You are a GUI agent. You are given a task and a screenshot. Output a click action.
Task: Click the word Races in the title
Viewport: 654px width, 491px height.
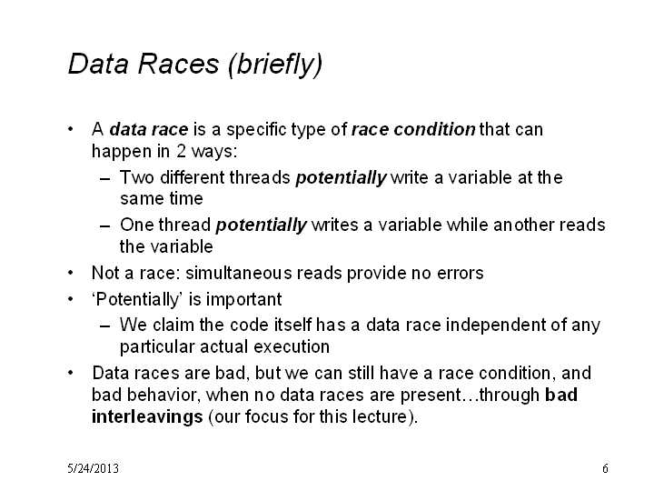coord(178,64)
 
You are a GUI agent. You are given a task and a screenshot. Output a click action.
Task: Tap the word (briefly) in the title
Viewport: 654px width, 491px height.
coord(275,65)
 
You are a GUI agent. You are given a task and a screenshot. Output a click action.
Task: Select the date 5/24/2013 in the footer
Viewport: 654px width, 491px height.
coord(93,468)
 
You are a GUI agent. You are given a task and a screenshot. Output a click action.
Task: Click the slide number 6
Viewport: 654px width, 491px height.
coord(605,468)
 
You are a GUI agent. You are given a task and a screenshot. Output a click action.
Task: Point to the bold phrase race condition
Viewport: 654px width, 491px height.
coord(413,129)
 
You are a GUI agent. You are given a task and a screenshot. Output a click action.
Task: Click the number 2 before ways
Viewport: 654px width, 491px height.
coord(181,151)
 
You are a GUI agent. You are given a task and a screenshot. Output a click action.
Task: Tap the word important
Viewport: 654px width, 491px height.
coord(243,300)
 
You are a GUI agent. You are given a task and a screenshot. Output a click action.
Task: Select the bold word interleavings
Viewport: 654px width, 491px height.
coord(147,417)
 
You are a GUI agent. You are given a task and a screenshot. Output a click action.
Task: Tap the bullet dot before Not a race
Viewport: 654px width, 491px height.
coord(71,273)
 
